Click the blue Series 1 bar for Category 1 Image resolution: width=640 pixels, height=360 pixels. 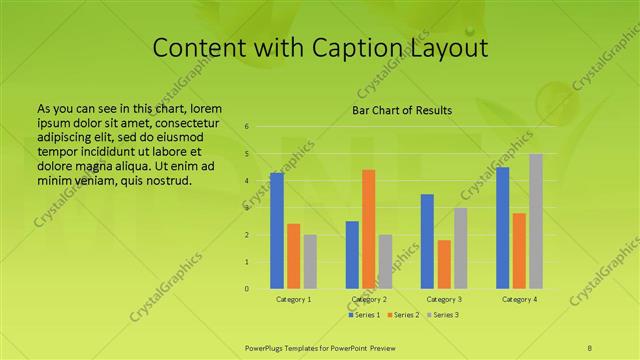[277, 231]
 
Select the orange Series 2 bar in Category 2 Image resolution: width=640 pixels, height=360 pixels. [369, 229]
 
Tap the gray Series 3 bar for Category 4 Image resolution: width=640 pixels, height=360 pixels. [536, 221]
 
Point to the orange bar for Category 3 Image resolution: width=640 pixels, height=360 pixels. [444, 264]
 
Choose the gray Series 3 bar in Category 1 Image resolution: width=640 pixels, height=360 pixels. [310, 262]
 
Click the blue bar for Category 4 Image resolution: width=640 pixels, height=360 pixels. [502, 228]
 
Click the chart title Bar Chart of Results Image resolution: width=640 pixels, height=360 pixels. [402, 110]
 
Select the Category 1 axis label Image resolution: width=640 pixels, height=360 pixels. [294, 299]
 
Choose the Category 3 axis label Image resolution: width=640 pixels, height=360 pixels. [444, 299]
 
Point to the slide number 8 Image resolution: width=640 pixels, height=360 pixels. [590, 346]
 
